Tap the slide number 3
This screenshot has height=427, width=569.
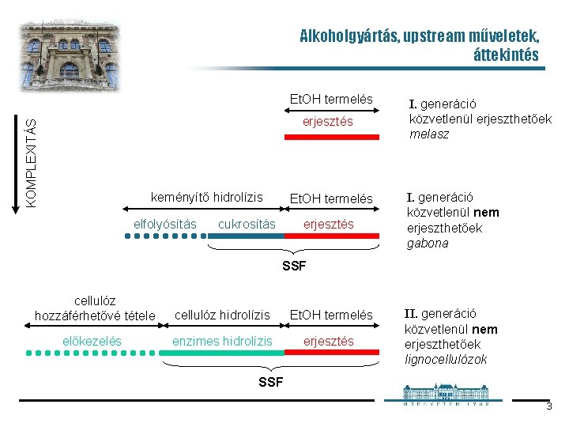click(548, 406)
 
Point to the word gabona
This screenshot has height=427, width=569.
click(427, 244)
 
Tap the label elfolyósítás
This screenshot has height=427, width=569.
click(164, 224)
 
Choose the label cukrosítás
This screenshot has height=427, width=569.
click(247, 224)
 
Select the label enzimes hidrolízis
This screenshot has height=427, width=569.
click(222, 341)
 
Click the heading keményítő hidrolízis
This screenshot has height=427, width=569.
click(207, 196)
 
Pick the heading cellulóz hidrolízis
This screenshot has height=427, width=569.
click(222, 315)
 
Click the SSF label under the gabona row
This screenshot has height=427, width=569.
click(294, 264)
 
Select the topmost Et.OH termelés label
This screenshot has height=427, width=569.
click(330, 100)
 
